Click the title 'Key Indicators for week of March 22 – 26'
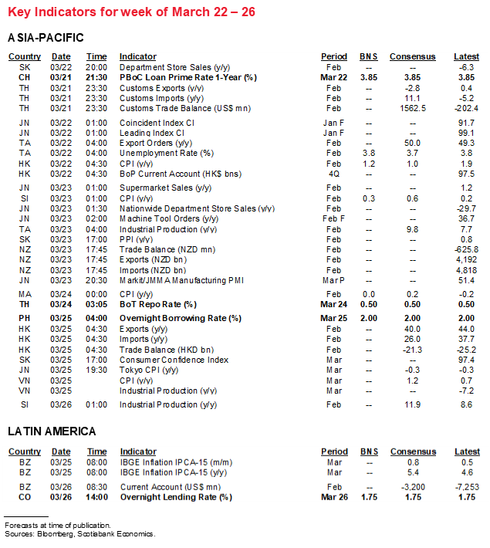(x=132, y=12)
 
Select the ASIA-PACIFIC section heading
(x=46, y=38)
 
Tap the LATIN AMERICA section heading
(x=52, y=431)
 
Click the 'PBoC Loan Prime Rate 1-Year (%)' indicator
(x=188, y=78)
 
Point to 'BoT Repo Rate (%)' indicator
(x=158, y=305)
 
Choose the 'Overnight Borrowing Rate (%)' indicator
(x=181, y=318)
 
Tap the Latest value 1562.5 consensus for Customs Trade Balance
(x=412, y=108)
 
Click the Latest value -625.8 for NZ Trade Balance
(x=465, y=249)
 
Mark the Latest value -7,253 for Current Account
(x=465, y=487)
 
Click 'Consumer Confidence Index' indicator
(x=174, y=360)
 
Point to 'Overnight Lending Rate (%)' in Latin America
(x=176, y=497)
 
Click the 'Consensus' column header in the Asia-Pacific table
(x=412, y=56)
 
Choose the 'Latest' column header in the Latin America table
(x=467, y=452)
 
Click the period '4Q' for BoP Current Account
(x=334, y=174)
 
